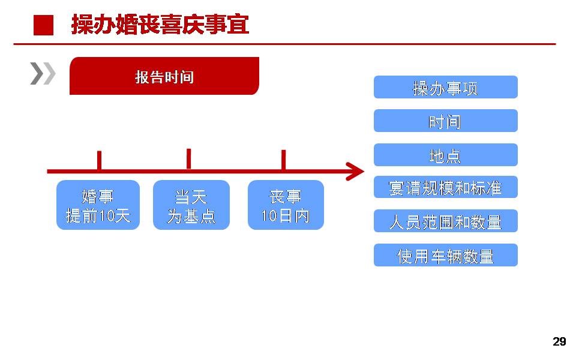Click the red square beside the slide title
43,25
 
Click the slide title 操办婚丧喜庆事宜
160,25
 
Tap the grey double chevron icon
43,73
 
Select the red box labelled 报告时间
164,76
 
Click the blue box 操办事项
446,87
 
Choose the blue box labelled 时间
446,121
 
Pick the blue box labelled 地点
446,155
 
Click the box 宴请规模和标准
446,187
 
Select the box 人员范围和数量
446,221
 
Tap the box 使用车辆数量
446,255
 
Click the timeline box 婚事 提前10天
98,205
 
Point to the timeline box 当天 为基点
191,205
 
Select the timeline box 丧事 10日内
286,205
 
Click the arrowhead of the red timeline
355,171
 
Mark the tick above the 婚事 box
99,160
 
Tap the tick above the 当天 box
189,159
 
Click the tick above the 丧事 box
284,160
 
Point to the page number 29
559,341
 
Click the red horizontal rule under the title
284,44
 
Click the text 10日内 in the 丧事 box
286,215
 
